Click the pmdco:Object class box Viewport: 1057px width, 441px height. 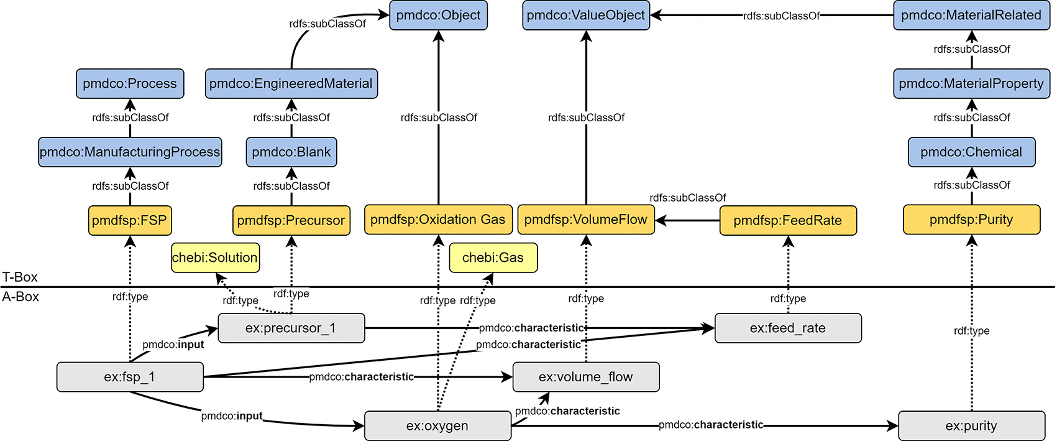click(x=438, y=16)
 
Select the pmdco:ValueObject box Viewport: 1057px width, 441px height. click(x=586, y=16)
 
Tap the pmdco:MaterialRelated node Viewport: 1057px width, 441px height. click(x=971, y=16)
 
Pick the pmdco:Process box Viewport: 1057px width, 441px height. click(x=130, y=84)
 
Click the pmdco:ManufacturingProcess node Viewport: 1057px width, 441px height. click(x=130, y=152)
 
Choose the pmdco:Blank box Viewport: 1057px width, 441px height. click(x=291, y=152)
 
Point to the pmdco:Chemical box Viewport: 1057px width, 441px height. click(x=971, y=152)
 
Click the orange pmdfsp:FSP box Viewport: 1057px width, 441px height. click(x=129, y=221)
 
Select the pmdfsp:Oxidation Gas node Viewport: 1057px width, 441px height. click(x=438, y=220)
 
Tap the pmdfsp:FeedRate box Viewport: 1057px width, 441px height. click(x=788, y=221)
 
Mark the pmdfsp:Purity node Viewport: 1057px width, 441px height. click(x=971, y=220)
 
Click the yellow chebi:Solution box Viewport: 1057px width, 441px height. click(x=215, y=258)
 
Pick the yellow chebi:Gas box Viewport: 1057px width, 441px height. click(x=493, y=258)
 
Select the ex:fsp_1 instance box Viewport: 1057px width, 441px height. click(x=130, y=377)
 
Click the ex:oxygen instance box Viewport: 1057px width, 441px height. click(x=437, y=426)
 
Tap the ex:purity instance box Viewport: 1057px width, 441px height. click(x=971, y=426)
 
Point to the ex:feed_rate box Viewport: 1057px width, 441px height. click(x=788, y=328)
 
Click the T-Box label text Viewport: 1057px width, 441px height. click(x=20, y=277)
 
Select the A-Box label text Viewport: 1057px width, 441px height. click(x=21, y=297)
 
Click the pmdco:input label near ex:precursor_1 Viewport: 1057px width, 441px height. click(x=173, y=345)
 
